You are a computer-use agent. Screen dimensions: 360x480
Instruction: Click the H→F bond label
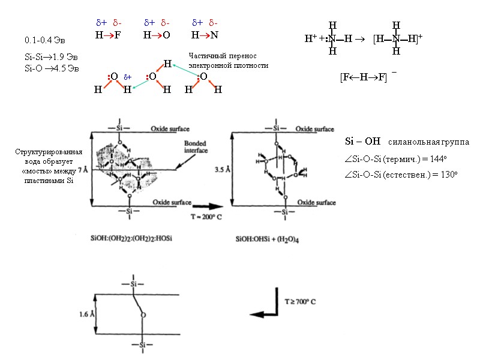(x=108, y=35)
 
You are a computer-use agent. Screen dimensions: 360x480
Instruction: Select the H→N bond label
(x=205, y=35)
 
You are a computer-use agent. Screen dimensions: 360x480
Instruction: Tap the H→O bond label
(x=157, y=35)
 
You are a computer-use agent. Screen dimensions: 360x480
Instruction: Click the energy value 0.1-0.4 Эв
(x=41, y=41)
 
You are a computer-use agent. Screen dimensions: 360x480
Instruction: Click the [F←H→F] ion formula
(x=363, y=77)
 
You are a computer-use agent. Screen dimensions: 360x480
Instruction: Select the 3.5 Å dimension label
(x=220, y=170)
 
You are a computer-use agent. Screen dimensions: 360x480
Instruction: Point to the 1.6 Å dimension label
(x=87, y=314)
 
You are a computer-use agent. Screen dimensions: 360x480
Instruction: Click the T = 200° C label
(x=206, y=217)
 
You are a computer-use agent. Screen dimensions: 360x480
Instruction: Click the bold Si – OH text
(x=363, y=142)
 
